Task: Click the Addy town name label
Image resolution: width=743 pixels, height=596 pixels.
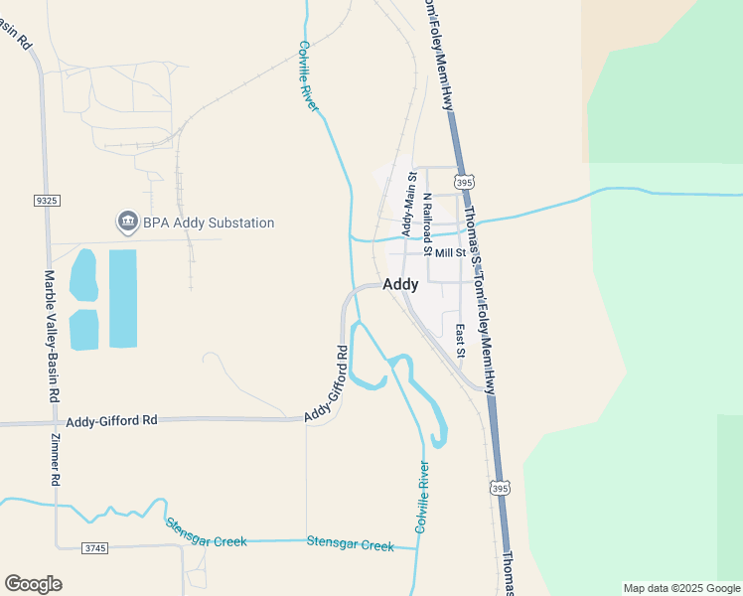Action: (400, 284)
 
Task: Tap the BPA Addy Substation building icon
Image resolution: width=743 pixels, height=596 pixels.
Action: (126, 222)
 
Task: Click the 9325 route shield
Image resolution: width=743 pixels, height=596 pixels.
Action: (47, 201)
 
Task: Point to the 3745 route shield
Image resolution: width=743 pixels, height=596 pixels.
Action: (93, 547)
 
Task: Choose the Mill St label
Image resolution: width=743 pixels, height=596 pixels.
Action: (450, 253)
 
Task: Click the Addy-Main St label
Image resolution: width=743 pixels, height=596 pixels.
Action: (407, 205)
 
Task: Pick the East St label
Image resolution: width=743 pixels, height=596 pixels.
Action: (461, 341)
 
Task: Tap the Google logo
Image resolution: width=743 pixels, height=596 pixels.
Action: (33, 584)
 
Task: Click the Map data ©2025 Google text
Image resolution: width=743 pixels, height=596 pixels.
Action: (681, 588)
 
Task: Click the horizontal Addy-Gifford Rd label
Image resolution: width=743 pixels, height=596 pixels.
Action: (111, 421)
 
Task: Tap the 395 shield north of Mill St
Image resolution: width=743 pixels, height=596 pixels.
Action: (464, 182)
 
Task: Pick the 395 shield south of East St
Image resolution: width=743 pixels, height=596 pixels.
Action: (500, 487)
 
